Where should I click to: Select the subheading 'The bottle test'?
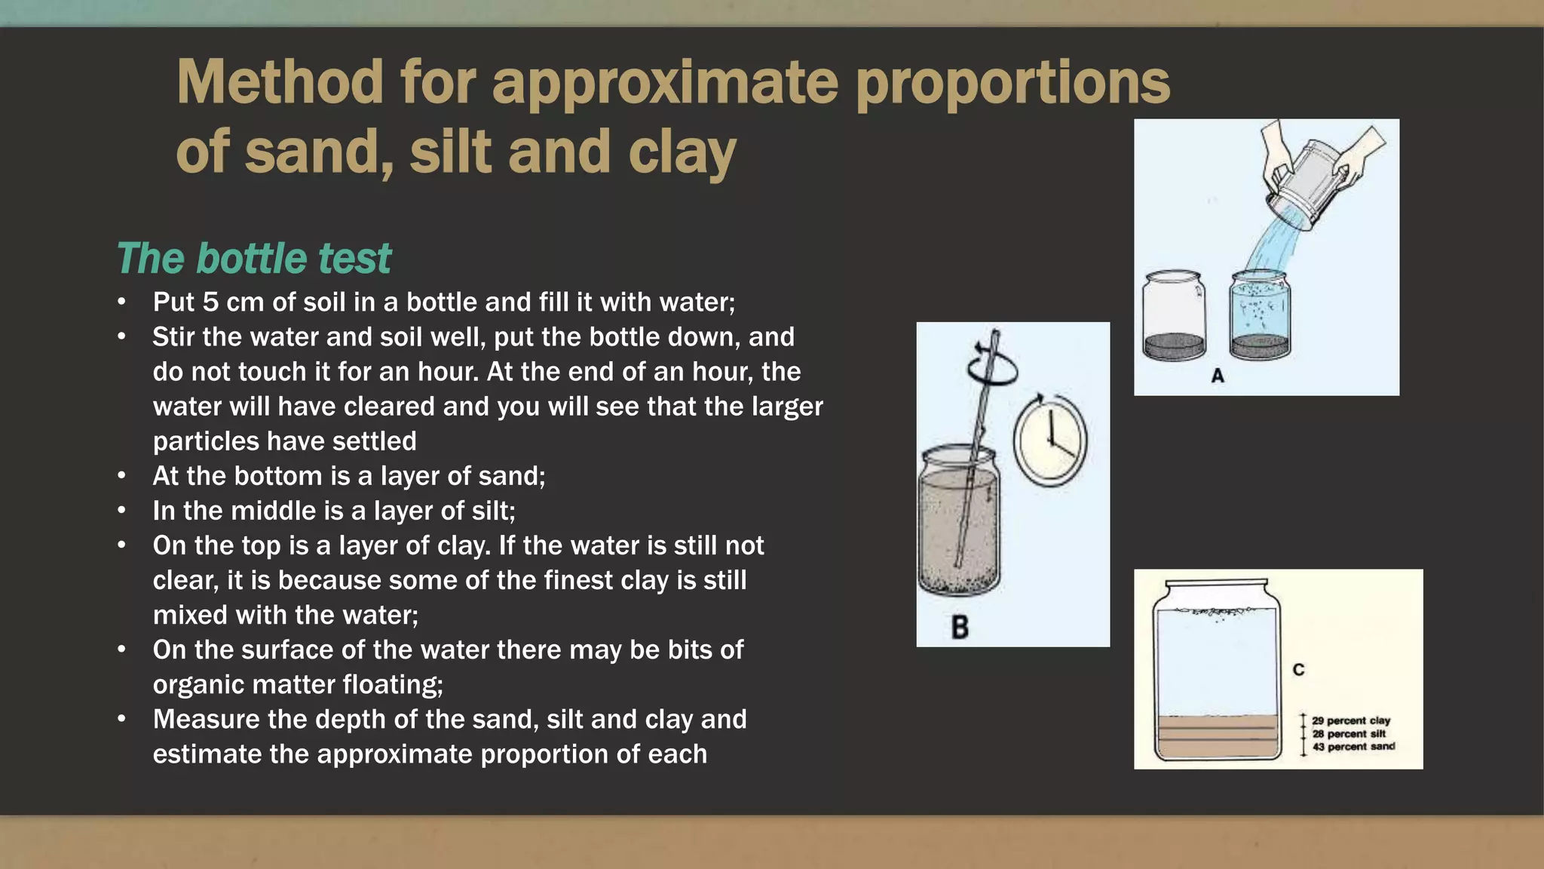254,259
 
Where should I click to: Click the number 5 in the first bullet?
210,302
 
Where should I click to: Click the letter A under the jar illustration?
1218,376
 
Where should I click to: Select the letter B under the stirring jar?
960,627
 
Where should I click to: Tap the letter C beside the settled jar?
1298,670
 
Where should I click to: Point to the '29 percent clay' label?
1351,720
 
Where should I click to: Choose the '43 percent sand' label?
1353,747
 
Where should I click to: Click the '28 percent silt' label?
1349,734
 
